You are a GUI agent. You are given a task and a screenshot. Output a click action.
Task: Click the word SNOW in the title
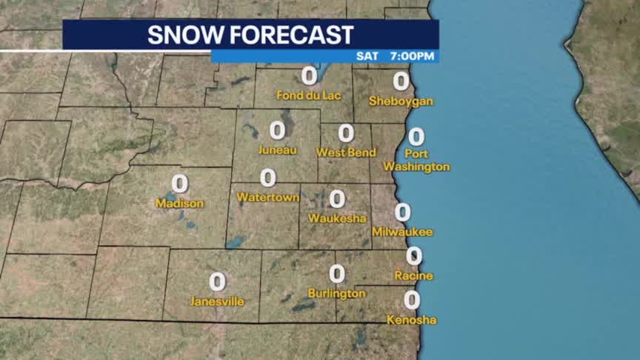click(184, 35)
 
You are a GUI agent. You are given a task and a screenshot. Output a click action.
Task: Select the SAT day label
click(367, 56)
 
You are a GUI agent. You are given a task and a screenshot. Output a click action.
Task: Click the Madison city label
click(179, 203)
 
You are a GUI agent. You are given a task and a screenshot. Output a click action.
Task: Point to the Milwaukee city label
click(402, 233)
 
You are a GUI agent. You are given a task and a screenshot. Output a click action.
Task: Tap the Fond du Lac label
click(309, 95)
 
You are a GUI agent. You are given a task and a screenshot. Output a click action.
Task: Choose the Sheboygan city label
click(401, 101)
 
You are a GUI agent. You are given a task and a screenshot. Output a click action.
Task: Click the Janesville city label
click(217, 301)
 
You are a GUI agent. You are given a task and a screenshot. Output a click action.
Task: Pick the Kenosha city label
click(411, 320)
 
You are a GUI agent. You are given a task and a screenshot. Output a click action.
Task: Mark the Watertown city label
click(267, 198)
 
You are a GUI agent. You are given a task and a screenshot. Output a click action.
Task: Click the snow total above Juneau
click(277, 130)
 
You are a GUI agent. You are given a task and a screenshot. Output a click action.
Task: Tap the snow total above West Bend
click(346, 133)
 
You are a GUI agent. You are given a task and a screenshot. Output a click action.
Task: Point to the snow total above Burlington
click(337, 273)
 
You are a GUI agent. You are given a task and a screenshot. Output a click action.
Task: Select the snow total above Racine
click(414, 256)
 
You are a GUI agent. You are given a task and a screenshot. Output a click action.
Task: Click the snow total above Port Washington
click(416, 136)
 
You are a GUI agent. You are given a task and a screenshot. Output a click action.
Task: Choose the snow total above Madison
click(179, 183)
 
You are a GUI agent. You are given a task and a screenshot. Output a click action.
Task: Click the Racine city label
click(414, 276)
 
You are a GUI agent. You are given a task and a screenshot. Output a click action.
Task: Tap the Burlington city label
click(337, 293)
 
